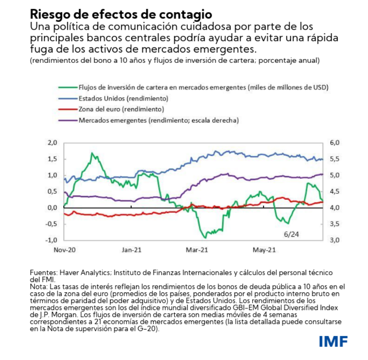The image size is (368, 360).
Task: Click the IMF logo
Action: (333, 341)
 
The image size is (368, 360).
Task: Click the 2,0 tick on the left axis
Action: (52, 143)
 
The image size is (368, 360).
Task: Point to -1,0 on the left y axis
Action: (51, 240)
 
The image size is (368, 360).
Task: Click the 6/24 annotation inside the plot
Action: (291, 234)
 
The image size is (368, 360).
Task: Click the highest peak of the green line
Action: (92, 153)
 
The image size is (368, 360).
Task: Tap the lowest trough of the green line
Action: (205, 237)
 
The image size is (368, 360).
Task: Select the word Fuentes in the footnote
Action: (42, 273)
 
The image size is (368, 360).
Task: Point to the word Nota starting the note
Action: (38, 286)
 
